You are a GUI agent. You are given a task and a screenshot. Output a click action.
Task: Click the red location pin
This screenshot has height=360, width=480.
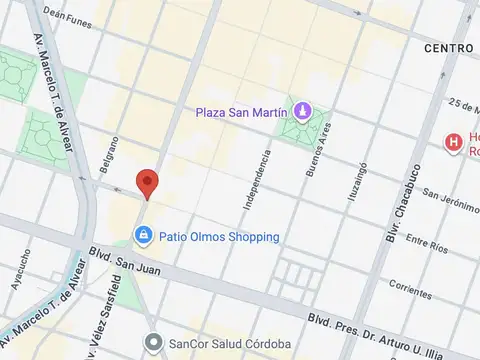[x=147, y=184]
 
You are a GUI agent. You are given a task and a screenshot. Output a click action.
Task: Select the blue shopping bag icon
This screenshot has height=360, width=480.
[x=144, y=236]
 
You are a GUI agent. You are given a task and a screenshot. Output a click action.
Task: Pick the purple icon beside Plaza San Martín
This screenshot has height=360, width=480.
[x=301, y=108]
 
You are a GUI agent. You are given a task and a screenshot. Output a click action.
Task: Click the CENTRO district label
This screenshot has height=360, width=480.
[x=448, y=48]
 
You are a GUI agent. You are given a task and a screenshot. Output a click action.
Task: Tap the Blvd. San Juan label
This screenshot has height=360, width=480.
[x=121, y=259]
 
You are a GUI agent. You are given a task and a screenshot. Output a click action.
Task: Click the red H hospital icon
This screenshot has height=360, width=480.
[x=455, y=142]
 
